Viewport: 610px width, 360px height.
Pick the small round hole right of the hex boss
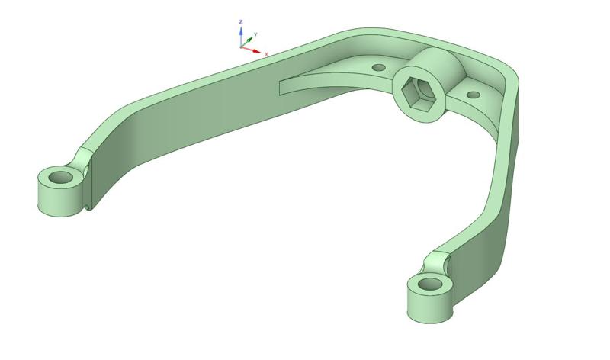coord(473,95)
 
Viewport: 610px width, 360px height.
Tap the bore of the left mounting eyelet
coord(60,178)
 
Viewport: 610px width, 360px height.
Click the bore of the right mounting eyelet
coord(430,284)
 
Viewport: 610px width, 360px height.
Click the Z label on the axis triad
coord(241,22)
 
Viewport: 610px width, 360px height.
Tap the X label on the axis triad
coord(266,54)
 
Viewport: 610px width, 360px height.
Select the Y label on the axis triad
coord(255,34)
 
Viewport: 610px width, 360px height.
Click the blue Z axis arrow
coord(241,35)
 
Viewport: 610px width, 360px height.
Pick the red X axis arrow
coord(253,50)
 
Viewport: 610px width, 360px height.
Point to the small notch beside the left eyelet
coord(89,204)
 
